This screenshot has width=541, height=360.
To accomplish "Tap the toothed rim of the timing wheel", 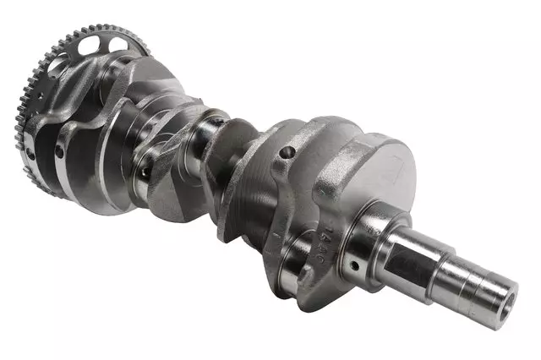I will (x=34, y=93).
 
